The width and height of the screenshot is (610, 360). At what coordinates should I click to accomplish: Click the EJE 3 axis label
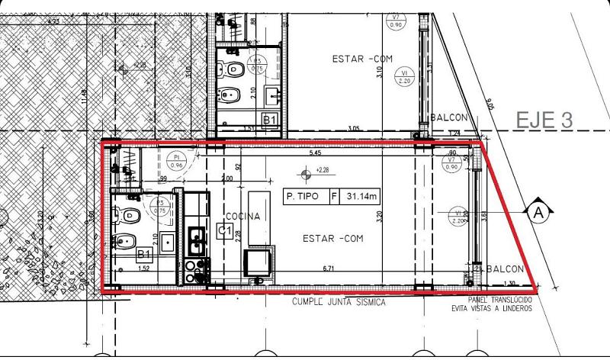tap(544, 120)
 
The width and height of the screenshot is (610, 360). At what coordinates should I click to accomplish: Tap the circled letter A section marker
tap(538, 214)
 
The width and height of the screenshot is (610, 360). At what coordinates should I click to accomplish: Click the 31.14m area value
tap(361, 196)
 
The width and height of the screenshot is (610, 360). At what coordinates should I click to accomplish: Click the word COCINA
tap(243, 217)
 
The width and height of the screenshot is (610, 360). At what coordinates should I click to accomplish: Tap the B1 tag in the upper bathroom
tap(268, 120)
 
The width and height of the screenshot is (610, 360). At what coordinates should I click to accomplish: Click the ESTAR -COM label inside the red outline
tap(332, 239)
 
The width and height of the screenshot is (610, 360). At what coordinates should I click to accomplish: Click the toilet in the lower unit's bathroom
tap(130, 214)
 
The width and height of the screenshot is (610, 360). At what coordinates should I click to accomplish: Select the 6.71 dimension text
tap(329, 268)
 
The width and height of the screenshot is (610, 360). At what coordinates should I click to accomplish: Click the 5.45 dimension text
tap(315, 153)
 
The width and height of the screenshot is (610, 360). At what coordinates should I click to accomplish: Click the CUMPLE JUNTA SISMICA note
tap(339, 302)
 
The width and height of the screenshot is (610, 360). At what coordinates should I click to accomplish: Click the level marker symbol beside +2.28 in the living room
tap(306, 175)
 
